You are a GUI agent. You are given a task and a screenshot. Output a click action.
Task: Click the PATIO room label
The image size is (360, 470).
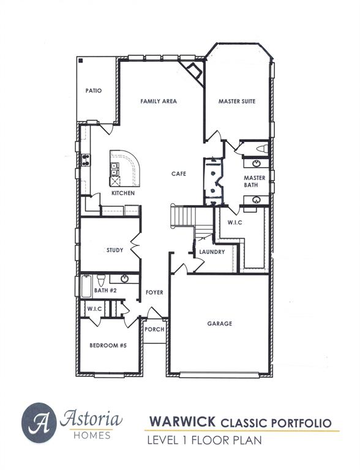pos(94,91)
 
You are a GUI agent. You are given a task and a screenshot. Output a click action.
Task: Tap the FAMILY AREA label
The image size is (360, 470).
pos(159,101)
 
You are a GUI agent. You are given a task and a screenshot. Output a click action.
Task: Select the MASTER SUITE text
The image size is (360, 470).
pos(237,101)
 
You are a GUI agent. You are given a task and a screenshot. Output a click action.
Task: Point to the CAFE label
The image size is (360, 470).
pos(179,174)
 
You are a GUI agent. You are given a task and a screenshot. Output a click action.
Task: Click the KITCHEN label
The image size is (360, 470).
pos(122,193)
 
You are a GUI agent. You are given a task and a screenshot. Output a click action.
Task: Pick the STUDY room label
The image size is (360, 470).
pos(114,250)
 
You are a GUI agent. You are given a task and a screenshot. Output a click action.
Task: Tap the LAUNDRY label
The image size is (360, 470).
pos(212,252)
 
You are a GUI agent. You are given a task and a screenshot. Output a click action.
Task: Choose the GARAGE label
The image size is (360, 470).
pos(220,324)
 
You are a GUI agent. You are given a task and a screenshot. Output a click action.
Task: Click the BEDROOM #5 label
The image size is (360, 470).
pos(108,346)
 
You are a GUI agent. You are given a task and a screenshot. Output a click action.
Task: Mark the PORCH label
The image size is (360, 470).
pos(154,329)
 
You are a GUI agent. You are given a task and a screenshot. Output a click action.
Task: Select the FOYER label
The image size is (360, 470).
pos(154,293)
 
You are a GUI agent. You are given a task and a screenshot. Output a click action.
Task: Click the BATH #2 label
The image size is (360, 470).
pos(105,290)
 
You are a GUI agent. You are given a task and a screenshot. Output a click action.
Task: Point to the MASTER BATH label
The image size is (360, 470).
pos(255,181)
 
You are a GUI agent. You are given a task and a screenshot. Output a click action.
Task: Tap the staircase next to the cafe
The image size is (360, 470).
pos(182,216)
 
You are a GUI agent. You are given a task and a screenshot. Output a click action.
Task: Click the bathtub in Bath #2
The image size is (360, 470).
pos(86,286)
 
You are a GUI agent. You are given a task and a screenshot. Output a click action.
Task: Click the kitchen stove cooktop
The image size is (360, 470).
pos(86,160)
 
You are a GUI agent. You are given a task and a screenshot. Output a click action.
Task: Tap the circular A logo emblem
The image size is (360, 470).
pos(39,422)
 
